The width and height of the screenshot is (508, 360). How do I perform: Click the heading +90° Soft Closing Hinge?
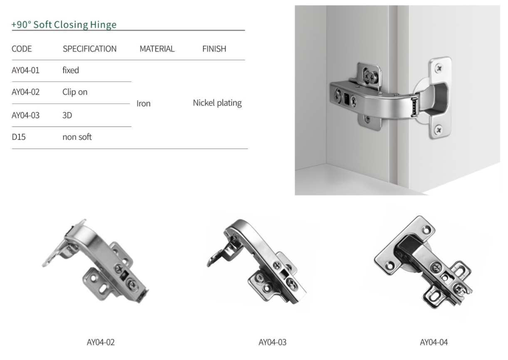tap(64, 25)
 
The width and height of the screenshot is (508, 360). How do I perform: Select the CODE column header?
tap(22, 49)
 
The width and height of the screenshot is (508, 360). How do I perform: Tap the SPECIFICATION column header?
tap(89, 49)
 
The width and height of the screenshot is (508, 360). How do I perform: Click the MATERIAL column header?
tap(157, 49)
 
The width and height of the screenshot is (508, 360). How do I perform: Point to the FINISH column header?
tap(214, 49)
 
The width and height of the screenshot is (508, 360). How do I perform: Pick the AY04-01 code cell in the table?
tap(26, 70)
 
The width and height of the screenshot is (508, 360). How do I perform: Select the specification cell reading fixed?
tap(71, 70)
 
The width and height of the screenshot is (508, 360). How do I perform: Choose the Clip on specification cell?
tap(75, 92)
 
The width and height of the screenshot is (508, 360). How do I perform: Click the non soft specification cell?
tap(77, 137)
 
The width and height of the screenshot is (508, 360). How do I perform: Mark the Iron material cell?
tap(144, 104)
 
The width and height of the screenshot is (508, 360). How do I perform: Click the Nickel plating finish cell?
tap(217, 103)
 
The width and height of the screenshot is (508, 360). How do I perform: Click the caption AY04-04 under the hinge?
tap(434, 343)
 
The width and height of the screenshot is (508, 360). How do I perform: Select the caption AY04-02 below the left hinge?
tap(100, 343)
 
